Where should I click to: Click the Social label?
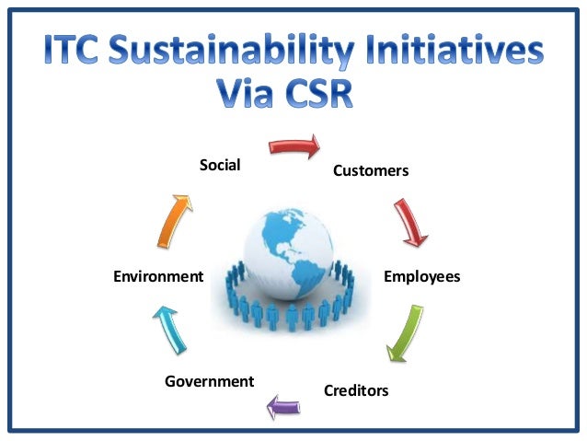[220, 166]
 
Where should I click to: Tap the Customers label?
[371, 170]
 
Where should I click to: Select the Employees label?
[421, 276]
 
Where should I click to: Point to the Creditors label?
[356, 390]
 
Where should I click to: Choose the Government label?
[209, 380]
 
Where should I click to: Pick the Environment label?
[157, 276]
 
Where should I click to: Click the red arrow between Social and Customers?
[294, 145]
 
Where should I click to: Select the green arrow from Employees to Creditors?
[406, 332]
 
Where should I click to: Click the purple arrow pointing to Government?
[283, 402]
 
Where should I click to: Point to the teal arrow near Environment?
[172, 329]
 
